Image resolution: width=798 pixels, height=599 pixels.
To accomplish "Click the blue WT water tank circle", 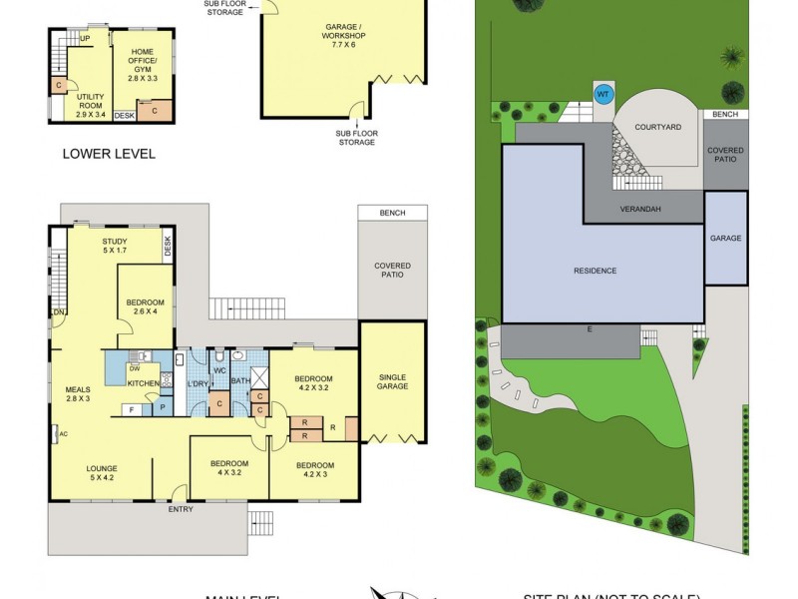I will click(602, 95).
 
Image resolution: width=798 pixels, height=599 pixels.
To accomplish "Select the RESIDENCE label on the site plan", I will click(595, 271).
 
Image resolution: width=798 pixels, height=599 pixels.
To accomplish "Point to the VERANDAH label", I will click(643, 211).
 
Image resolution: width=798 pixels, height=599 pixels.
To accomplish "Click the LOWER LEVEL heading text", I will click(109, 154).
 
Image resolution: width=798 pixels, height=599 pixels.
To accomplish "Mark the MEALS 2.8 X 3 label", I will click(78, 394).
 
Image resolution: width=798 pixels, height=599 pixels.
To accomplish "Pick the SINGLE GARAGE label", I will click(392, 381).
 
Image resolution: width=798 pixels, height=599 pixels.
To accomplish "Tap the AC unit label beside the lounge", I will click(62, 434).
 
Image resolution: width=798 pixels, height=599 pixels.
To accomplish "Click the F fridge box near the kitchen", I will click(130, 408).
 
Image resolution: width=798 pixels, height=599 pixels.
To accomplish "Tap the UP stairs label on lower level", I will click(85, 39).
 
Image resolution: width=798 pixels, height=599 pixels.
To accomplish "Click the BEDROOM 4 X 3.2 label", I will click(228, 469).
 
